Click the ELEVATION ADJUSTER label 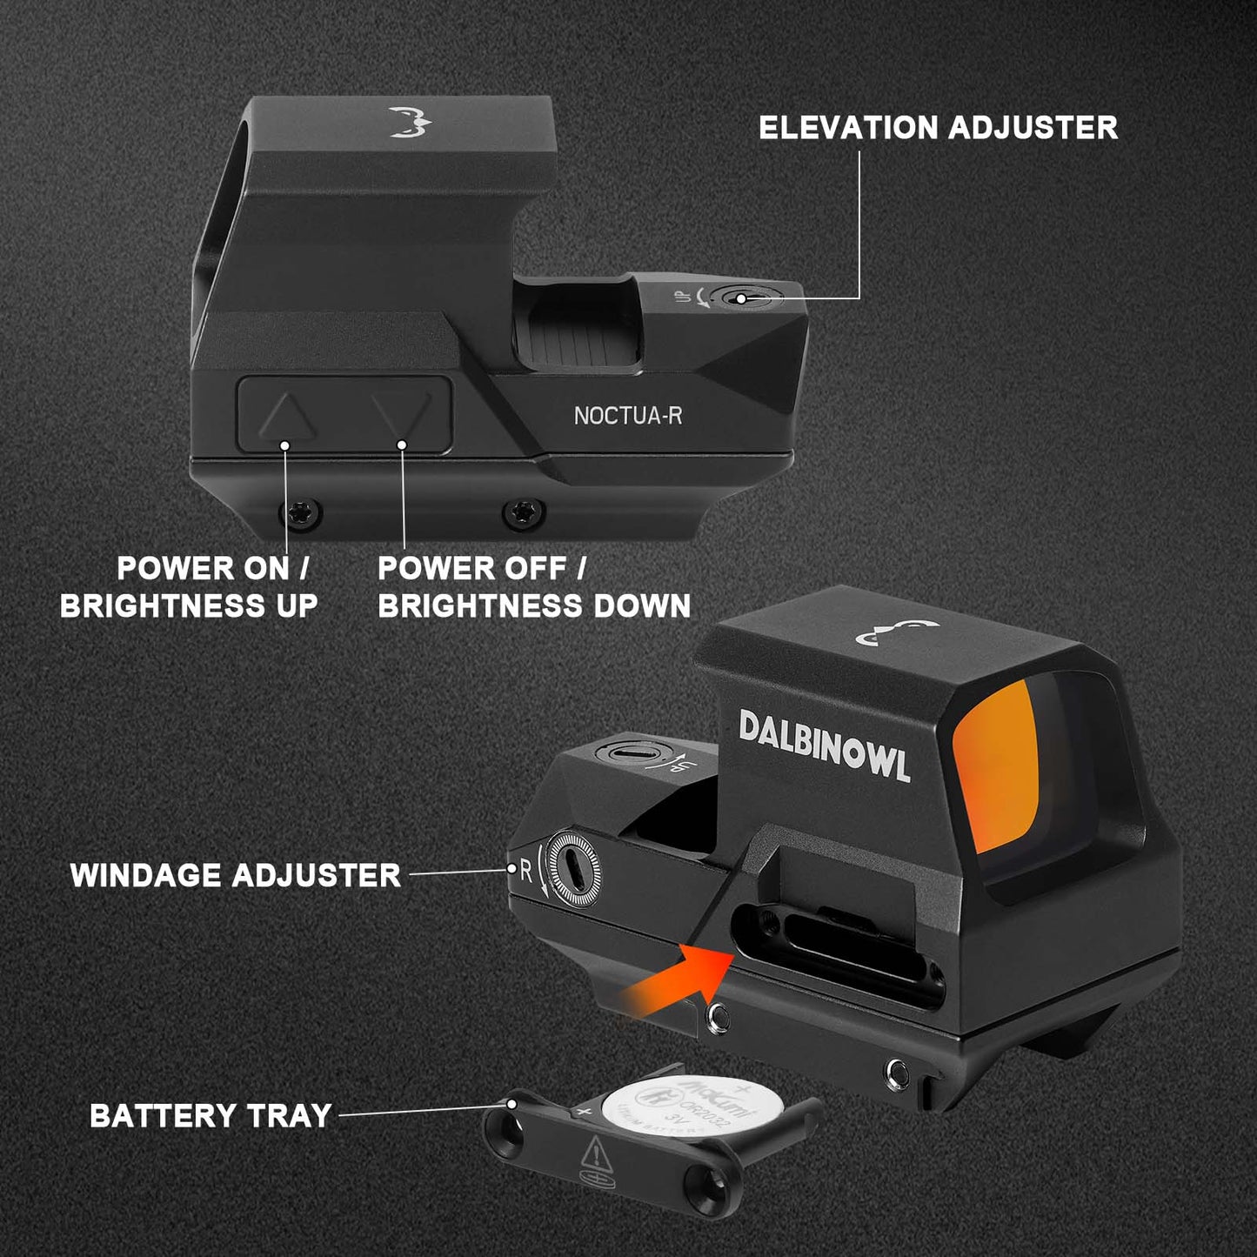938,128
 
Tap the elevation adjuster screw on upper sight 740,298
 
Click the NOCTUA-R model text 627,416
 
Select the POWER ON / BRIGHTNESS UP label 189,587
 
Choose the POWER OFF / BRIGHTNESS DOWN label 533,587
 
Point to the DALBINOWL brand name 824,746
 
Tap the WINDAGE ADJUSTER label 236,875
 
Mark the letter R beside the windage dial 525,870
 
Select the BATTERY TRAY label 211,1115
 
